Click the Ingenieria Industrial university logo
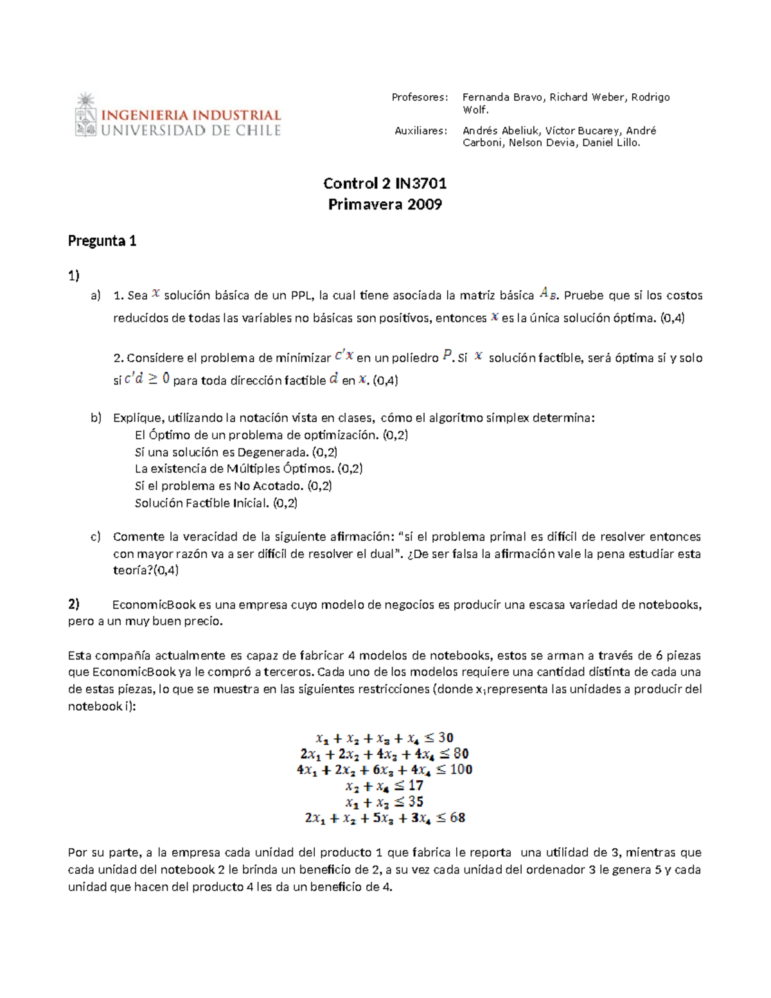[177, 116]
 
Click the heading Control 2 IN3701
[385, 184]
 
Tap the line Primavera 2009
[385, 204]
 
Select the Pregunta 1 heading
[102, 241]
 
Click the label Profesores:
[420, 98]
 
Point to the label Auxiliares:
[420, 130]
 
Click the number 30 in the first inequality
[446, 738]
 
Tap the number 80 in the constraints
[461, 753]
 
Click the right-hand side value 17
[416, 785]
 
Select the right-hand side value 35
[416, 801]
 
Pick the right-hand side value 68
[457, 817]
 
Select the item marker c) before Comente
[96, 537]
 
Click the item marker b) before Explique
[96, 418]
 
